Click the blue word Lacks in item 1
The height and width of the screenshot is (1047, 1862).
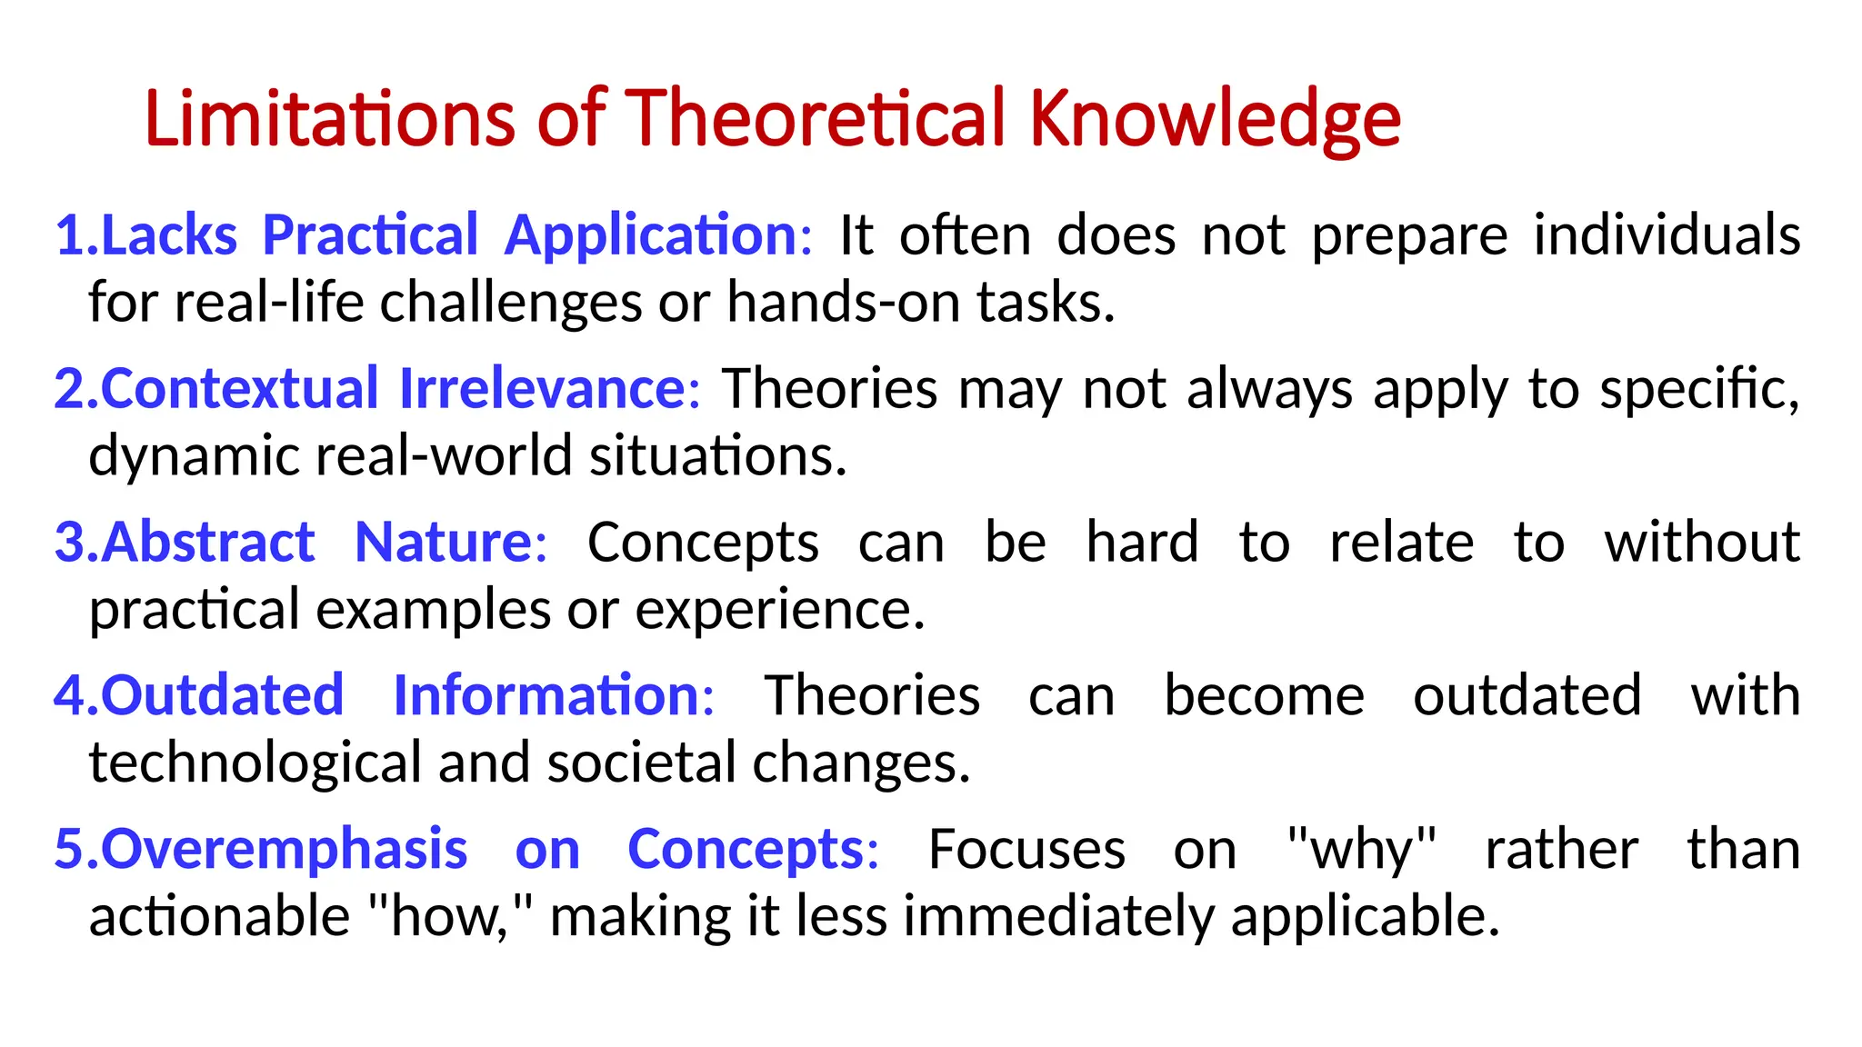pyautogui.click(x=169, y=235)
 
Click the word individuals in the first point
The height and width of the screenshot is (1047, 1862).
pyautogui.click(x=1667, y=235)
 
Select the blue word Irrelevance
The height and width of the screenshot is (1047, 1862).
pyautogui.click(x=542, y=389)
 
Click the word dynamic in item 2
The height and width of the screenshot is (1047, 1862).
pyautogui.click(x=193, y=455)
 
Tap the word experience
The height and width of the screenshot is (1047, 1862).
pyautogui.click(x=779, y=609)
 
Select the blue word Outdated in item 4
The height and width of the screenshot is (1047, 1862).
pyautogui.click(x=222, y=696)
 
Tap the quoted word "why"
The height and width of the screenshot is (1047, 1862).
pyautogui.click(x=1361, y=850)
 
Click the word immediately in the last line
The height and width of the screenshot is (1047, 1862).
pyautogui.click(x=1058, y=916)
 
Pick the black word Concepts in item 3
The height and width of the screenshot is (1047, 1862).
pyautogui.click(x=703, y=543)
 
